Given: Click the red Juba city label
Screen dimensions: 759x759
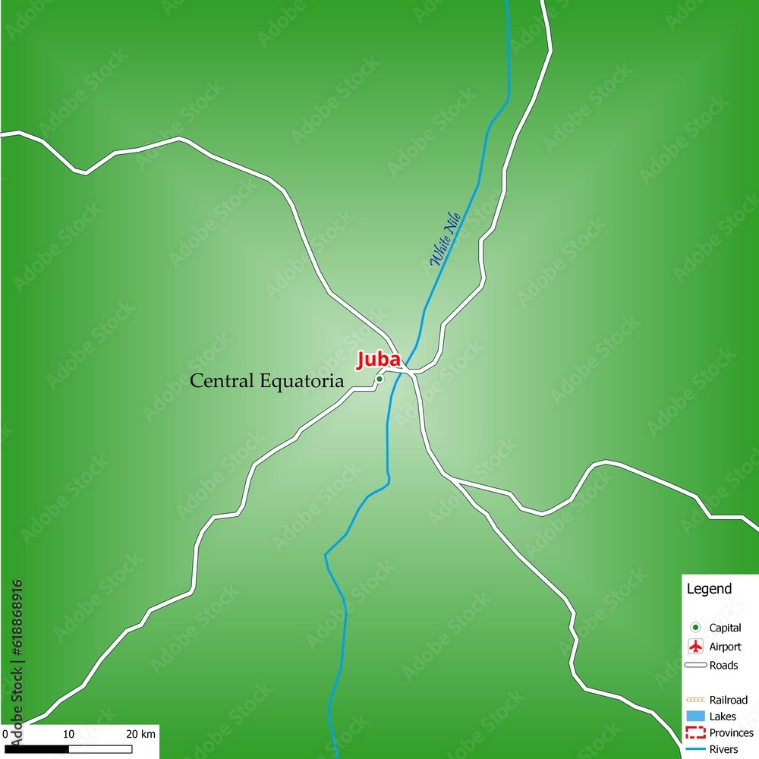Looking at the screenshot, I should click(378, 359).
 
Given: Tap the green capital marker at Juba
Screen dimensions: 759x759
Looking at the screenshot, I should click(379, 379).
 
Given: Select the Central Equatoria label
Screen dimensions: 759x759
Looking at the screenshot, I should click(266, 381).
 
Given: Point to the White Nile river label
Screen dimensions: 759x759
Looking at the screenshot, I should click(446, 238).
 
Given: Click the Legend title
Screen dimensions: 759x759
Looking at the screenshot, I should click(709, 589).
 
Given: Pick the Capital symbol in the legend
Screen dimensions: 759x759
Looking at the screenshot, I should click(695, 628).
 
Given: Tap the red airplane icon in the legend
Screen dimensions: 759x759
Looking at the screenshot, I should click(695, 647).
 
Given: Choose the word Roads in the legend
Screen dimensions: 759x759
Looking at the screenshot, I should click(723, 666).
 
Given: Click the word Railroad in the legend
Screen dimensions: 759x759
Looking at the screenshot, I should click(729, 700).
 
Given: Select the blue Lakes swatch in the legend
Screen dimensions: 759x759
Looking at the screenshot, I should click(695, 716).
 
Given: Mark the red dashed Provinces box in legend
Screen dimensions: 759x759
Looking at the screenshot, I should click(695, 733).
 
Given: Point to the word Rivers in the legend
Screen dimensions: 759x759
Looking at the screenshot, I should click(723, 750).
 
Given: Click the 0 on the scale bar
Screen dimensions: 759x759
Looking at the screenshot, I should click(5, 734).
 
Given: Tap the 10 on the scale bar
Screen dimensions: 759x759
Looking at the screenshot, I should click(68, 734).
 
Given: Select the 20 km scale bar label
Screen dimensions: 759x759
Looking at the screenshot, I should click(140, 734).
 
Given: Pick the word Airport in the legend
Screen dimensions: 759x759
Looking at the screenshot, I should click(725, 647).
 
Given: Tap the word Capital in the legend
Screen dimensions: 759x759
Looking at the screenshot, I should click(725, 628).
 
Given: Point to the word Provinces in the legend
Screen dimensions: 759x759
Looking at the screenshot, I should click(731, 733).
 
